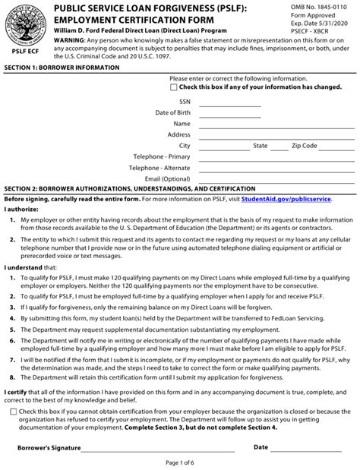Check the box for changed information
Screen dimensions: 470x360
click(174, 87)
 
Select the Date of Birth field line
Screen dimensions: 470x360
click(242, 115)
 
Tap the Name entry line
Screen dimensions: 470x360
click(273, 127)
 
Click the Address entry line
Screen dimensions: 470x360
click(273, 138)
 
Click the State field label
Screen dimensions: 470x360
click(260, 145)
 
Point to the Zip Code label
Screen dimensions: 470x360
click(304, 145)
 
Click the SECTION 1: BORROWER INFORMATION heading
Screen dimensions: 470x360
click(62, 68)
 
